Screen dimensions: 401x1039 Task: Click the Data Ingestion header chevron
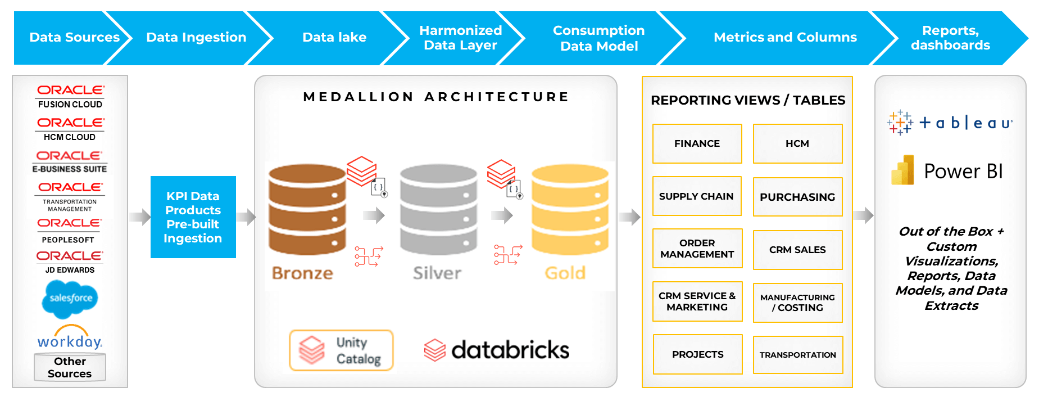point(196,38)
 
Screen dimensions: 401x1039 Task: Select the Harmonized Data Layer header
point(460,38)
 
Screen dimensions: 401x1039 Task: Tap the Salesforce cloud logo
point(70,298)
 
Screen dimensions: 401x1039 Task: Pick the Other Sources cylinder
point(70,368)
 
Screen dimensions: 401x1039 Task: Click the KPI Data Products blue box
point(193,217)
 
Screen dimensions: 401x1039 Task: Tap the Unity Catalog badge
point(341,350)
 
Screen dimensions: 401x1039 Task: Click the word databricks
point(510,350)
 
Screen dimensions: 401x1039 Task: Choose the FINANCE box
point(697,144)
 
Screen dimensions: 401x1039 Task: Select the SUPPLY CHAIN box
point(696,196)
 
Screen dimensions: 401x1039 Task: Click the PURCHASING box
point(797,197)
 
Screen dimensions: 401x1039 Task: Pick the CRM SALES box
point(797,250)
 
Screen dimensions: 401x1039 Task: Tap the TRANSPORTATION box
point(797,355)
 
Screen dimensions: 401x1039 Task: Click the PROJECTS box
point(697,354)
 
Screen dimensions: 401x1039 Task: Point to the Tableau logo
point(950,123)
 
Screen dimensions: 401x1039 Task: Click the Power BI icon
point(902,170)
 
